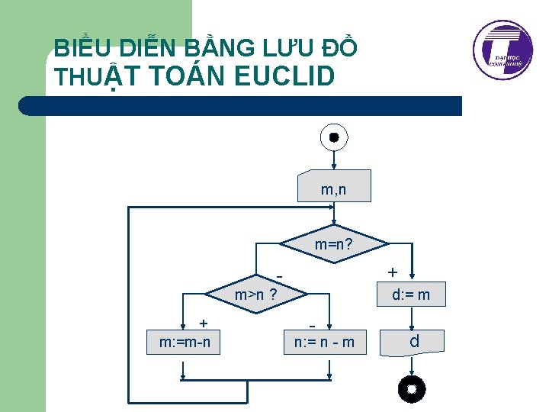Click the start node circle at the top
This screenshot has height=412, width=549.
(333, 137)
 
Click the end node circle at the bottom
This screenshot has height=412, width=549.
(412, 389)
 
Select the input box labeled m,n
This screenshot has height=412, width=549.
(333, 186)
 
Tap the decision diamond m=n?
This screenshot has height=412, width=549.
(333, 245)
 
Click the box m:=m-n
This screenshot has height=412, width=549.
(184, 341)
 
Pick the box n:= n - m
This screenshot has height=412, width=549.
(325, 341)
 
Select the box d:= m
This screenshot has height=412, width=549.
(411, 294)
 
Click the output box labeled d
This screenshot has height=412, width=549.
(413, 342)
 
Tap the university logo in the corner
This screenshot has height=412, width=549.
(502, 50)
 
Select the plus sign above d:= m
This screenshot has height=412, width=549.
(392, 272)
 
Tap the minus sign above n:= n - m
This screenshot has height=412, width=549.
(313, 323)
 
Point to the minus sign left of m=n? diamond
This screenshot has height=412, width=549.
(281, 275)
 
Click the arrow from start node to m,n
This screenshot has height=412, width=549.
(333, 159)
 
